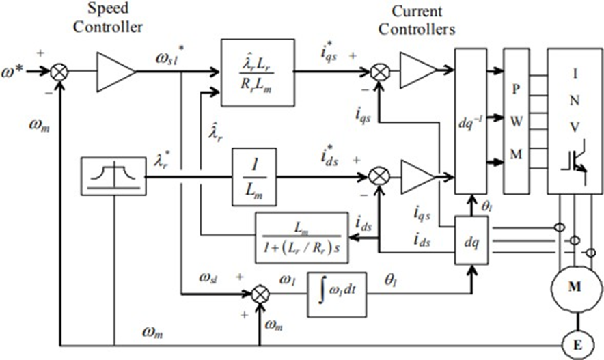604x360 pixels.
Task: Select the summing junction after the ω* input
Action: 59,71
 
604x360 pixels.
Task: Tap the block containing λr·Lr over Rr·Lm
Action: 258,72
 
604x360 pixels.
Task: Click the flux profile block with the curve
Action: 113,176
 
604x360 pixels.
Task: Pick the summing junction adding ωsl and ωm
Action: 260,294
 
